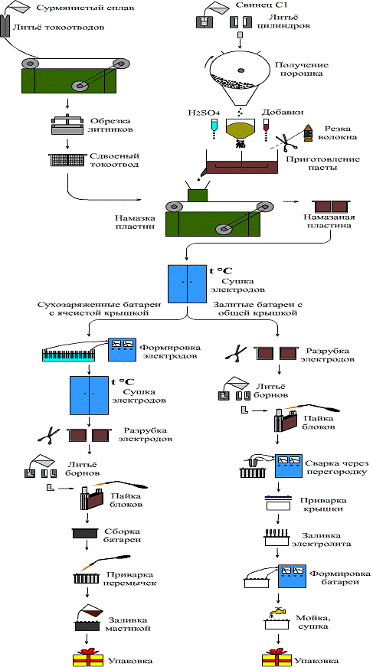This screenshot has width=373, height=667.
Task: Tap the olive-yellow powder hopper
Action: pos(240,128)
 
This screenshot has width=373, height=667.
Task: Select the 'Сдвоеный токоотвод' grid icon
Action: pos(67,159)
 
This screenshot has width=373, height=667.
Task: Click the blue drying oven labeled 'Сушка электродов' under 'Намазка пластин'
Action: pos(187,284)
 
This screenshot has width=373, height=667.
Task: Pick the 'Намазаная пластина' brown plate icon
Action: pos(331,206)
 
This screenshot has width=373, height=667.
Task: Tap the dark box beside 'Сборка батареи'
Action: pos(86,534)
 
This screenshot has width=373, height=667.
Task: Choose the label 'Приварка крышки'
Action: pos(320,505)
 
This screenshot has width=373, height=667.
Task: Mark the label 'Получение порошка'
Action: pos(303,70)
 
